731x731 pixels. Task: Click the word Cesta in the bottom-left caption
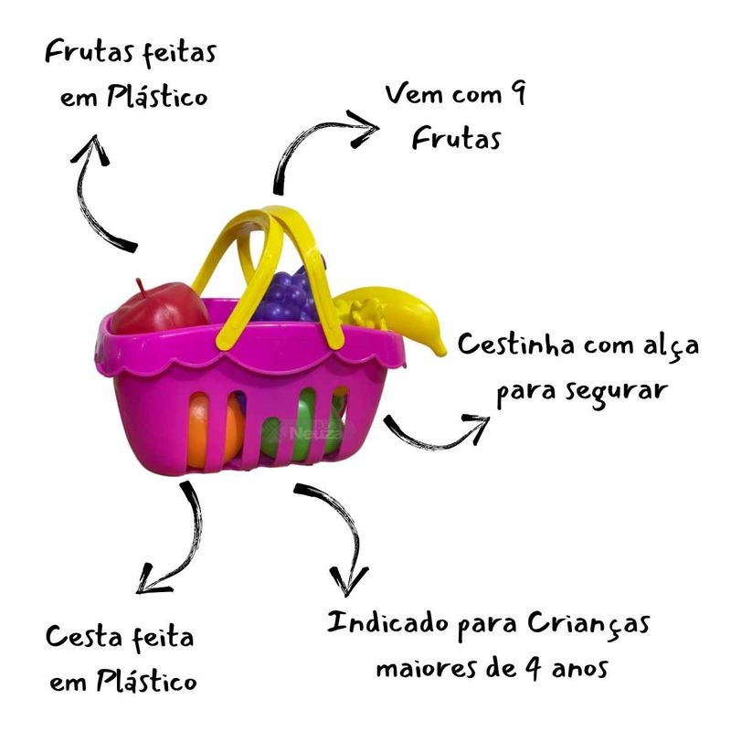pyautogui.click(x=80, y=637)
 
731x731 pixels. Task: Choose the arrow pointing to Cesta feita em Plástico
pyautogui.click(x=174, y=539)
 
